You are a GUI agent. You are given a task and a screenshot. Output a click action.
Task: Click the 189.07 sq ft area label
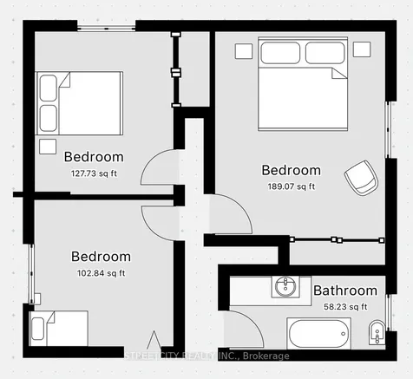tap(292, 186)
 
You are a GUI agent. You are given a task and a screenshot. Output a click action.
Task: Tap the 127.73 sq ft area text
tap(94, 173)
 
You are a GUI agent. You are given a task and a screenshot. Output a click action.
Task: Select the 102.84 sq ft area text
tap(101, 273)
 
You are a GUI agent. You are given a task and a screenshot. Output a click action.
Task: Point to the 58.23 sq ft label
tap(345, 306)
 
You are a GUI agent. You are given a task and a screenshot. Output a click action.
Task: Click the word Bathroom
tap(345, 291)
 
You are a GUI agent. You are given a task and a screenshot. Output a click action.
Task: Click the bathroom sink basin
tap(285, 287)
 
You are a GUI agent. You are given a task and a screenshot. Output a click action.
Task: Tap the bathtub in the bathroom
tap(318, 333)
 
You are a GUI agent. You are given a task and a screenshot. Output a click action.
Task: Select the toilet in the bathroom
tap(377, 332)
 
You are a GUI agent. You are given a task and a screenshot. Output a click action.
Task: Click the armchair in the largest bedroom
tap(362, 178)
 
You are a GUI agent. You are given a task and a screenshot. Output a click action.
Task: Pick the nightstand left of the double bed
tap(244, 51)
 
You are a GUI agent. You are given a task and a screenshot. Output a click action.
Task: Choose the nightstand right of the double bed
tap(362, 49)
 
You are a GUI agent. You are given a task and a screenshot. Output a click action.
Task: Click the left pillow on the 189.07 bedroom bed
tap(280, 53)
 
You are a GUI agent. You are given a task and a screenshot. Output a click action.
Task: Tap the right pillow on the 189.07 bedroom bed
tap(325, 53)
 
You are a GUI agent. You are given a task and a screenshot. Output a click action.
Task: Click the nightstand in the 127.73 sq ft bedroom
tap(48, 147)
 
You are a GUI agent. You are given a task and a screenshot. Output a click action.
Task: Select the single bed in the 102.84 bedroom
tap(59, 329)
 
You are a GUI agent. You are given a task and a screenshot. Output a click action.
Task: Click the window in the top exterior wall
tap(106, 29)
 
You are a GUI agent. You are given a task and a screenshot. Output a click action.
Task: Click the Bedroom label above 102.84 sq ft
tap(101, 257)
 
